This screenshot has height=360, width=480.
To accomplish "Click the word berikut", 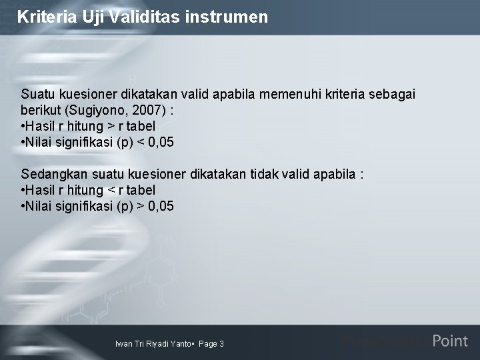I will (x=39, y=110).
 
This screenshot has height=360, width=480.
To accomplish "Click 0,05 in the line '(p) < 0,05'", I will (x=161, y=142).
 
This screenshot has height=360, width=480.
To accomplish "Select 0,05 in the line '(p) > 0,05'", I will (x=161, y=206).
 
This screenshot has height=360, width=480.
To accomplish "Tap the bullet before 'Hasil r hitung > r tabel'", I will (x=23, y=126).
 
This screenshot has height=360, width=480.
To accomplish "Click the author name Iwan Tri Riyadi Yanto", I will (x=153, y=344).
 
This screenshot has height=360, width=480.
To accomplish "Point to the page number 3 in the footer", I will (x=221, y=344).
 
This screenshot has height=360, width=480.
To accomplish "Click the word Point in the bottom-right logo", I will (x=450, y=341).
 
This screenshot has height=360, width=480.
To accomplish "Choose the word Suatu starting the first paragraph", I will (x=39, y=94).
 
